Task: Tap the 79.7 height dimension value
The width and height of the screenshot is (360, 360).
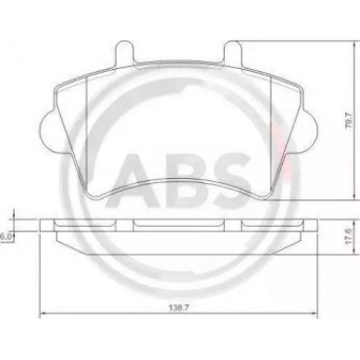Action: tap(349, 121)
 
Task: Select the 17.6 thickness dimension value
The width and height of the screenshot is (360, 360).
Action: tap(348, 237)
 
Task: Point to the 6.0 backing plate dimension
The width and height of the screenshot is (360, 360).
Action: tap(6, 237)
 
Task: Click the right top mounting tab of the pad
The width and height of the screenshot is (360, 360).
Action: tap(233, 51)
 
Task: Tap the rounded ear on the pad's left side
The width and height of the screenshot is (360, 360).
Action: tap(51, 129)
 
